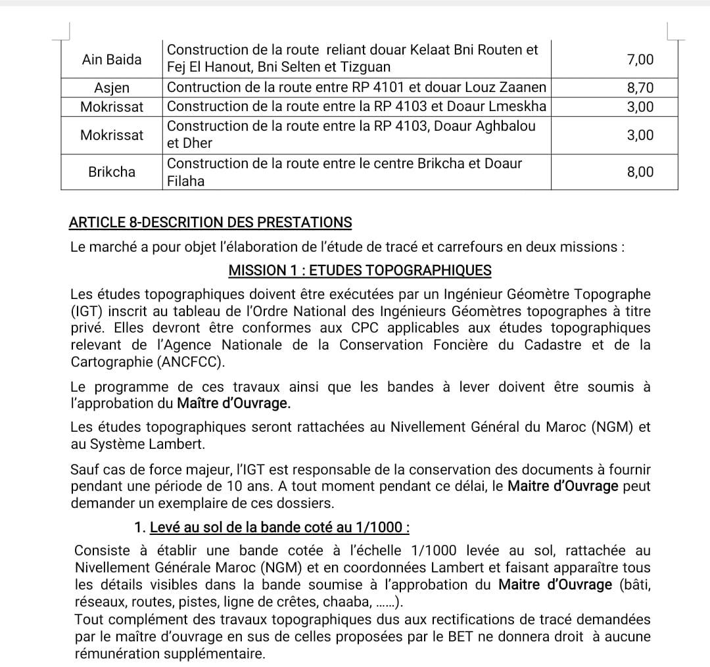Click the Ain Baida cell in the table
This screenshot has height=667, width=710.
pyautogui.click(x=112, y=60)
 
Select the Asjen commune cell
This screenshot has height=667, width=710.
pyautogui.click(x=112, y=87)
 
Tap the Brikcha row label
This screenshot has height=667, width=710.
pyautogui.click(x=112, y=172)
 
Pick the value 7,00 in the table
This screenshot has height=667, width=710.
pyautogui.click(x=640, y=60)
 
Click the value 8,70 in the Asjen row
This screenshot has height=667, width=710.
pyautogui.click(x=640, y=87)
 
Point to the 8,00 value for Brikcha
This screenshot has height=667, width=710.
pyautogui.click(x=640, y=172)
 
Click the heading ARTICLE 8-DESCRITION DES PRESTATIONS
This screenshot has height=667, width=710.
pyautogui.click(x=210, y=223)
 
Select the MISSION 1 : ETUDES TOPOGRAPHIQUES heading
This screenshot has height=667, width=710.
pyautogui.click(x=360, y=270)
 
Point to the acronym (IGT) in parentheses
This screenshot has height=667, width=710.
pyautogui.click(x=87, y=310)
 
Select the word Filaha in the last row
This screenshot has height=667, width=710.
pyautogui.click(x=186, y=181)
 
